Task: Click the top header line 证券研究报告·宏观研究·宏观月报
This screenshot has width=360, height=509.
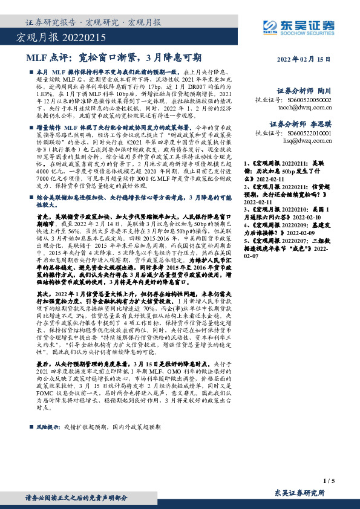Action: (94, 23)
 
